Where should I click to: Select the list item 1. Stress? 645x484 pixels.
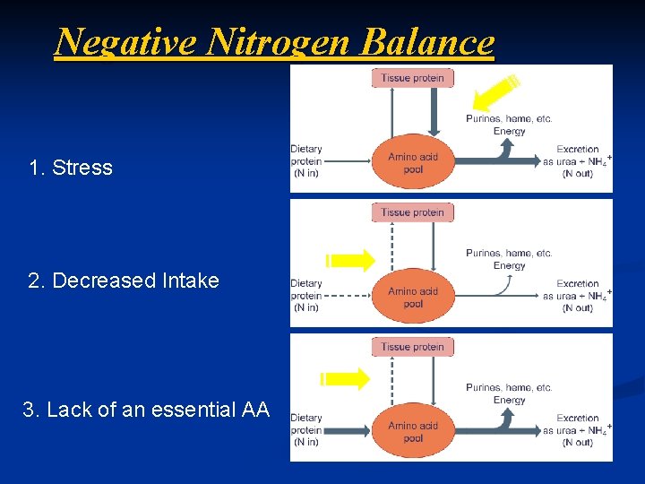(x=71, y=168)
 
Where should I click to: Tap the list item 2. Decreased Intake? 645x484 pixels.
(x=124, y=281)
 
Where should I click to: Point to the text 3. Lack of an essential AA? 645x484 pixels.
(x=146, y=410)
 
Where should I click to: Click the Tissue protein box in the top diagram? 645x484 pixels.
(x=412, y=78)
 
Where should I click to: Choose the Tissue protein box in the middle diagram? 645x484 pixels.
(x=412, y=212)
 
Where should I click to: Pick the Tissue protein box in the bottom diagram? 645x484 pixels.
(x=412, y=347)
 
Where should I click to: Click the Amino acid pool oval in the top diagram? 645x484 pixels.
(x=413, y=162)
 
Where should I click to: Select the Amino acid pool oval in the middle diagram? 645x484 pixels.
(x=413, y=297)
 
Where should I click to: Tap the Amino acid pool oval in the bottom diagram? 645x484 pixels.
(x=413, y=431)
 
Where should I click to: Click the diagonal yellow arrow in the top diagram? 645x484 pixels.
(x=495, y=92)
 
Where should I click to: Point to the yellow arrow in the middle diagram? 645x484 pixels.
(x=350, y=261)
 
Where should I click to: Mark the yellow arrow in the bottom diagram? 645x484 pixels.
(x=347, y=377)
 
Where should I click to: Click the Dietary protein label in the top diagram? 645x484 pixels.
(x=306, y=161)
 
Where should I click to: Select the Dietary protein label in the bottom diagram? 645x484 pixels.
(x=306, y=429)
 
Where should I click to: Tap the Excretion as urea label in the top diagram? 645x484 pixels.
(x=578, y=161)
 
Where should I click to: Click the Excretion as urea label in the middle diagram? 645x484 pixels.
(x=578, y=296)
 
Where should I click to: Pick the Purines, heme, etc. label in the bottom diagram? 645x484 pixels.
(x=509, y=388)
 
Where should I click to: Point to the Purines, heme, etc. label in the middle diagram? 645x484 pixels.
(x=509, y=254)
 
